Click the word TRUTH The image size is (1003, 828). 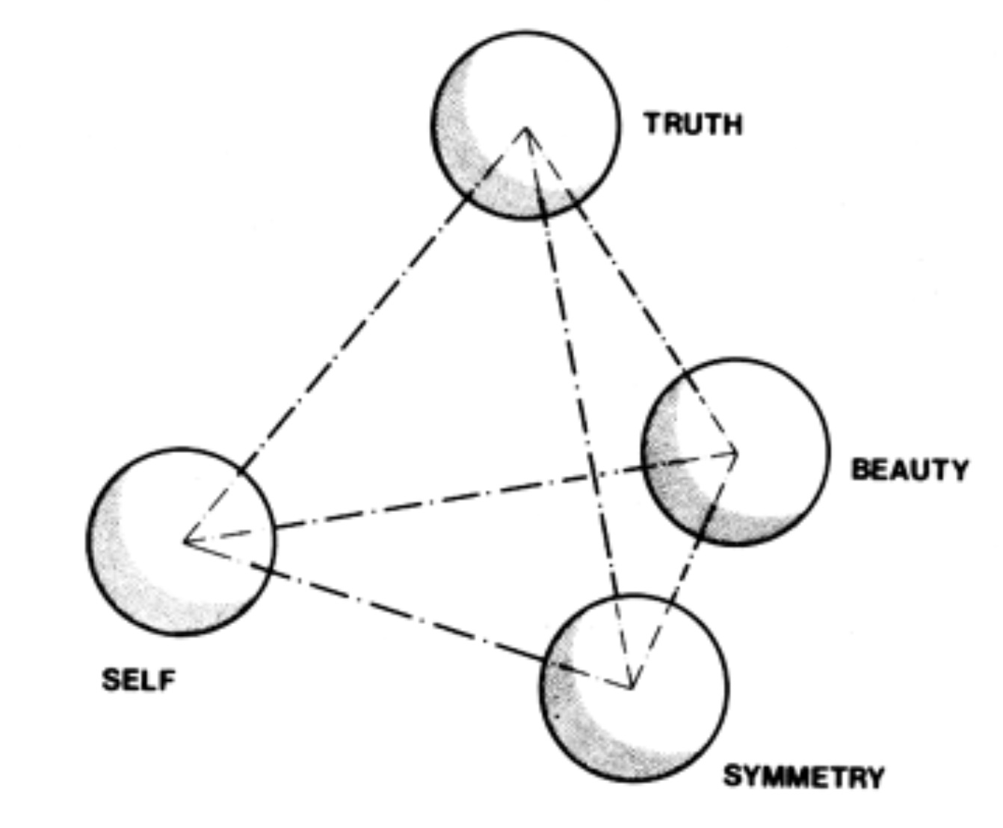694,123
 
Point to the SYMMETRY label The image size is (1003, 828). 803,777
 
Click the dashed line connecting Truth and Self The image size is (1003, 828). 351,336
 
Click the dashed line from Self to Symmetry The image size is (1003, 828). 404,613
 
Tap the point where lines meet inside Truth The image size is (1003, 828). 526,129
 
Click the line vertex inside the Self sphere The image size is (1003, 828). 185,540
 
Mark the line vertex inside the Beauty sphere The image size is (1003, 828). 737,451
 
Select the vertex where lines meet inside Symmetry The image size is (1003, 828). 632,687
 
